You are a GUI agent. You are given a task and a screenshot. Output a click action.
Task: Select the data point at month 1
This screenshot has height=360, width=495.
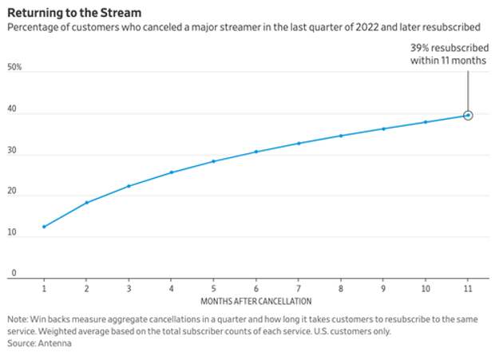click(44, 227)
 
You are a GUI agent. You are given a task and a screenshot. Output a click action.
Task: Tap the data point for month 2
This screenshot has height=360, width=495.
click(86, 203)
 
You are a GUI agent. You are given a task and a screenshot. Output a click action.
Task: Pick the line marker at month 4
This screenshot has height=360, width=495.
click(171, 172)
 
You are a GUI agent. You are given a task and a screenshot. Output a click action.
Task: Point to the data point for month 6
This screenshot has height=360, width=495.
click(255, 152)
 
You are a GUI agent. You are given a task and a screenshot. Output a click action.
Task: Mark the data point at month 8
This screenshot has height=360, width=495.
click(341, 136)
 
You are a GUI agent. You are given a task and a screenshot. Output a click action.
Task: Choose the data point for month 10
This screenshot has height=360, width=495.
click(426, 122)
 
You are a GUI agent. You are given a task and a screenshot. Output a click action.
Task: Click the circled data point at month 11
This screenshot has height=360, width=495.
click(468, 116)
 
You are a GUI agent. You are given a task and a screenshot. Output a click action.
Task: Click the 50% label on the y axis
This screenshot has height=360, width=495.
click(14, 69)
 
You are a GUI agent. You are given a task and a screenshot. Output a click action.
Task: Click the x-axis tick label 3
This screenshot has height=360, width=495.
click(129, 287)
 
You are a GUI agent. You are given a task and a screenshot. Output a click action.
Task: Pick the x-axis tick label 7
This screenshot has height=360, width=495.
click(299, 287)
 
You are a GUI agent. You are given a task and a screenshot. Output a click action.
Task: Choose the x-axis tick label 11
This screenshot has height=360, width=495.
click(468, 287)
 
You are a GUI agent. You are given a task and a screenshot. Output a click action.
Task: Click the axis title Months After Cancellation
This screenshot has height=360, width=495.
click(255, 301)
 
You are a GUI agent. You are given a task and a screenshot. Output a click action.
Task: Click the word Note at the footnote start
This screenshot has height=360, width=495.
click(17, 319)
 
